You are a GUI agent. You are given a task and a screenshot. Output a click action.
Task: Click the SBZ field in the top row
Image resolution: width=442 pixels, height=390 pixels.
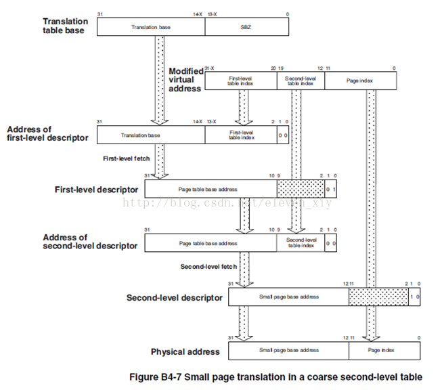[246, 27]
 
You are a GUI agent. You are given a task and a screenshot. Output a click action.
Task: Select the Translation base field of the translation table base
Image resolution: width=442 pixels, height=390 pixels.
[150, 27]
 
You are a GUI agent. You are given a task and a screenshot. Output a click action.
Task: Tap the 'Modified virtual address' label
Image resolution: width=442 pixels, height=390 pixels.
[185, 80]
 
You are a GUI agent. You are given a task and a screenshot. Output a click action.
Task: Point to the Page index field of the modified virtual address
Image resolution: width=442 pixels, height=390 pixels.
[361, 81]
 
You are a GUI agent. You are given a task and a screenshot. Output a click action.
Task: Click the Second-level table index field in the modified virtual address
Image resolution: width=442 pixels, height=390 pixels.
[301, 81]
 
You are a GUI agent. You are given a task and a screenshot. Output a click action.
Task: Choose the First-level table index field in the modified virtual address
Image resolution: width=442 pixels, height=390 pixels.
[240, 81]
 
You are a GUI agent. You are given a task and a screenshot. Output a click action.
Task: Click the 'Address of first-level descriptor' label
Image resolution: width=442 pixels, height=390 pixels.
[47, 133]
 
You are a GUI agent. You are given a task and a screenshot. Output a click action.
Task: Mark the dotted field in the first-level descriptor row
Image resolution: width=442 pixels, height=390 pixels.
[301, 188]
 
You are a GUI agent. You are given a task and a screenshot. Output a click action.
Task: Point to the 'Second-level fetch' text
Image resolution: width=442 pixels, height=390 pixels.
[208, 266]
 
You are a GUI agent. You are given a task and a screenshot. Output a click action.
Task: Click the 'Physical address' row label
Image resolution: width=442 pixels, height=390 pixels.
[185, 351]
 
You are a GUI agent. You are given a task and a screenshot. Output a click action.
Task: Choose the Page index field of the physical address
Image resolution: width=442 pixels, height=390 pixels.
[383, 350]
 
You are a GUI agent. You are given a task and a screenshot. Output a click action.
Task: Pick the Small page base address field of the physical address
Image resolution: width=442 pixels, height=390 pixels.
[288, 350]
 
